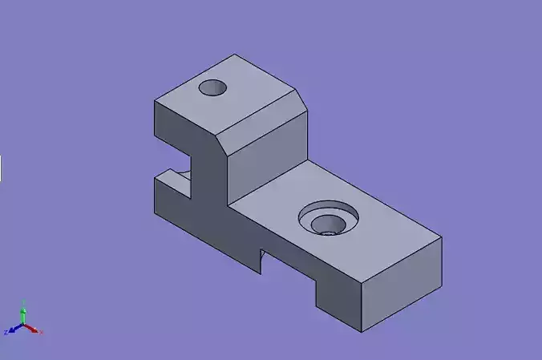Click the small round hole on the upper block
(x=213, y=87)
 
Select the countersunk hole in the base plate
(x=328, y=219)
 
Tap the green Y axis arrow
(x=24, y=312)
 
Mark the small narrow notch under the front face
(x=261, y=258)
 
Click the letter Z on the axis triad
(x=6, y=332)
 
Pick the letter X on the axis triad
(x=41, y=332)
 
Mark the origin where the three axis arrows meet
(x=24, y=326)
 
